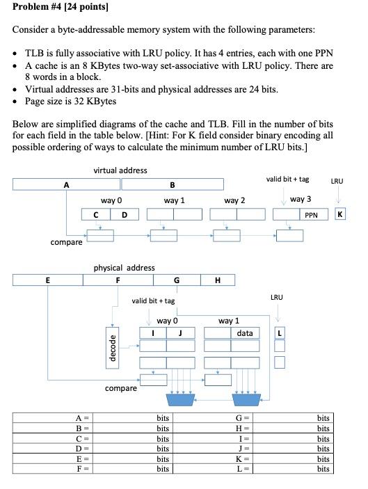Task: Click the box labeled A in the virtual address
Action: [66, 184]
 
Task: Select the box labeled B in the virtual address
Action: [172, 184]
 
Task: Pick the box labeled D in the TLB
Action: [124, 214]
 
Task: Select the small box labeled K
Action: [339, 215]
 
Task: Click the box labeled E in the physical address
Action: [47, 280]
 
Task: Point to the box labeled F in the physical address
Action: [117, 280]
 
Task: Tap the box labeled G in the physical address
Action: [176, 280]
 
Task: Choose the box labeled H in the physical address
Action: [218, 280]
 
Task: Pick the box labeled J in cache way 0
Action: [179, 332]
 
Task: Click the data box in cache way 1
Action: [245, 333]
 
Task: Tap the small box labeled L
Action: [279, 333]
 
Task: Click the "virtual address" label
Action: [120, 170]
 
